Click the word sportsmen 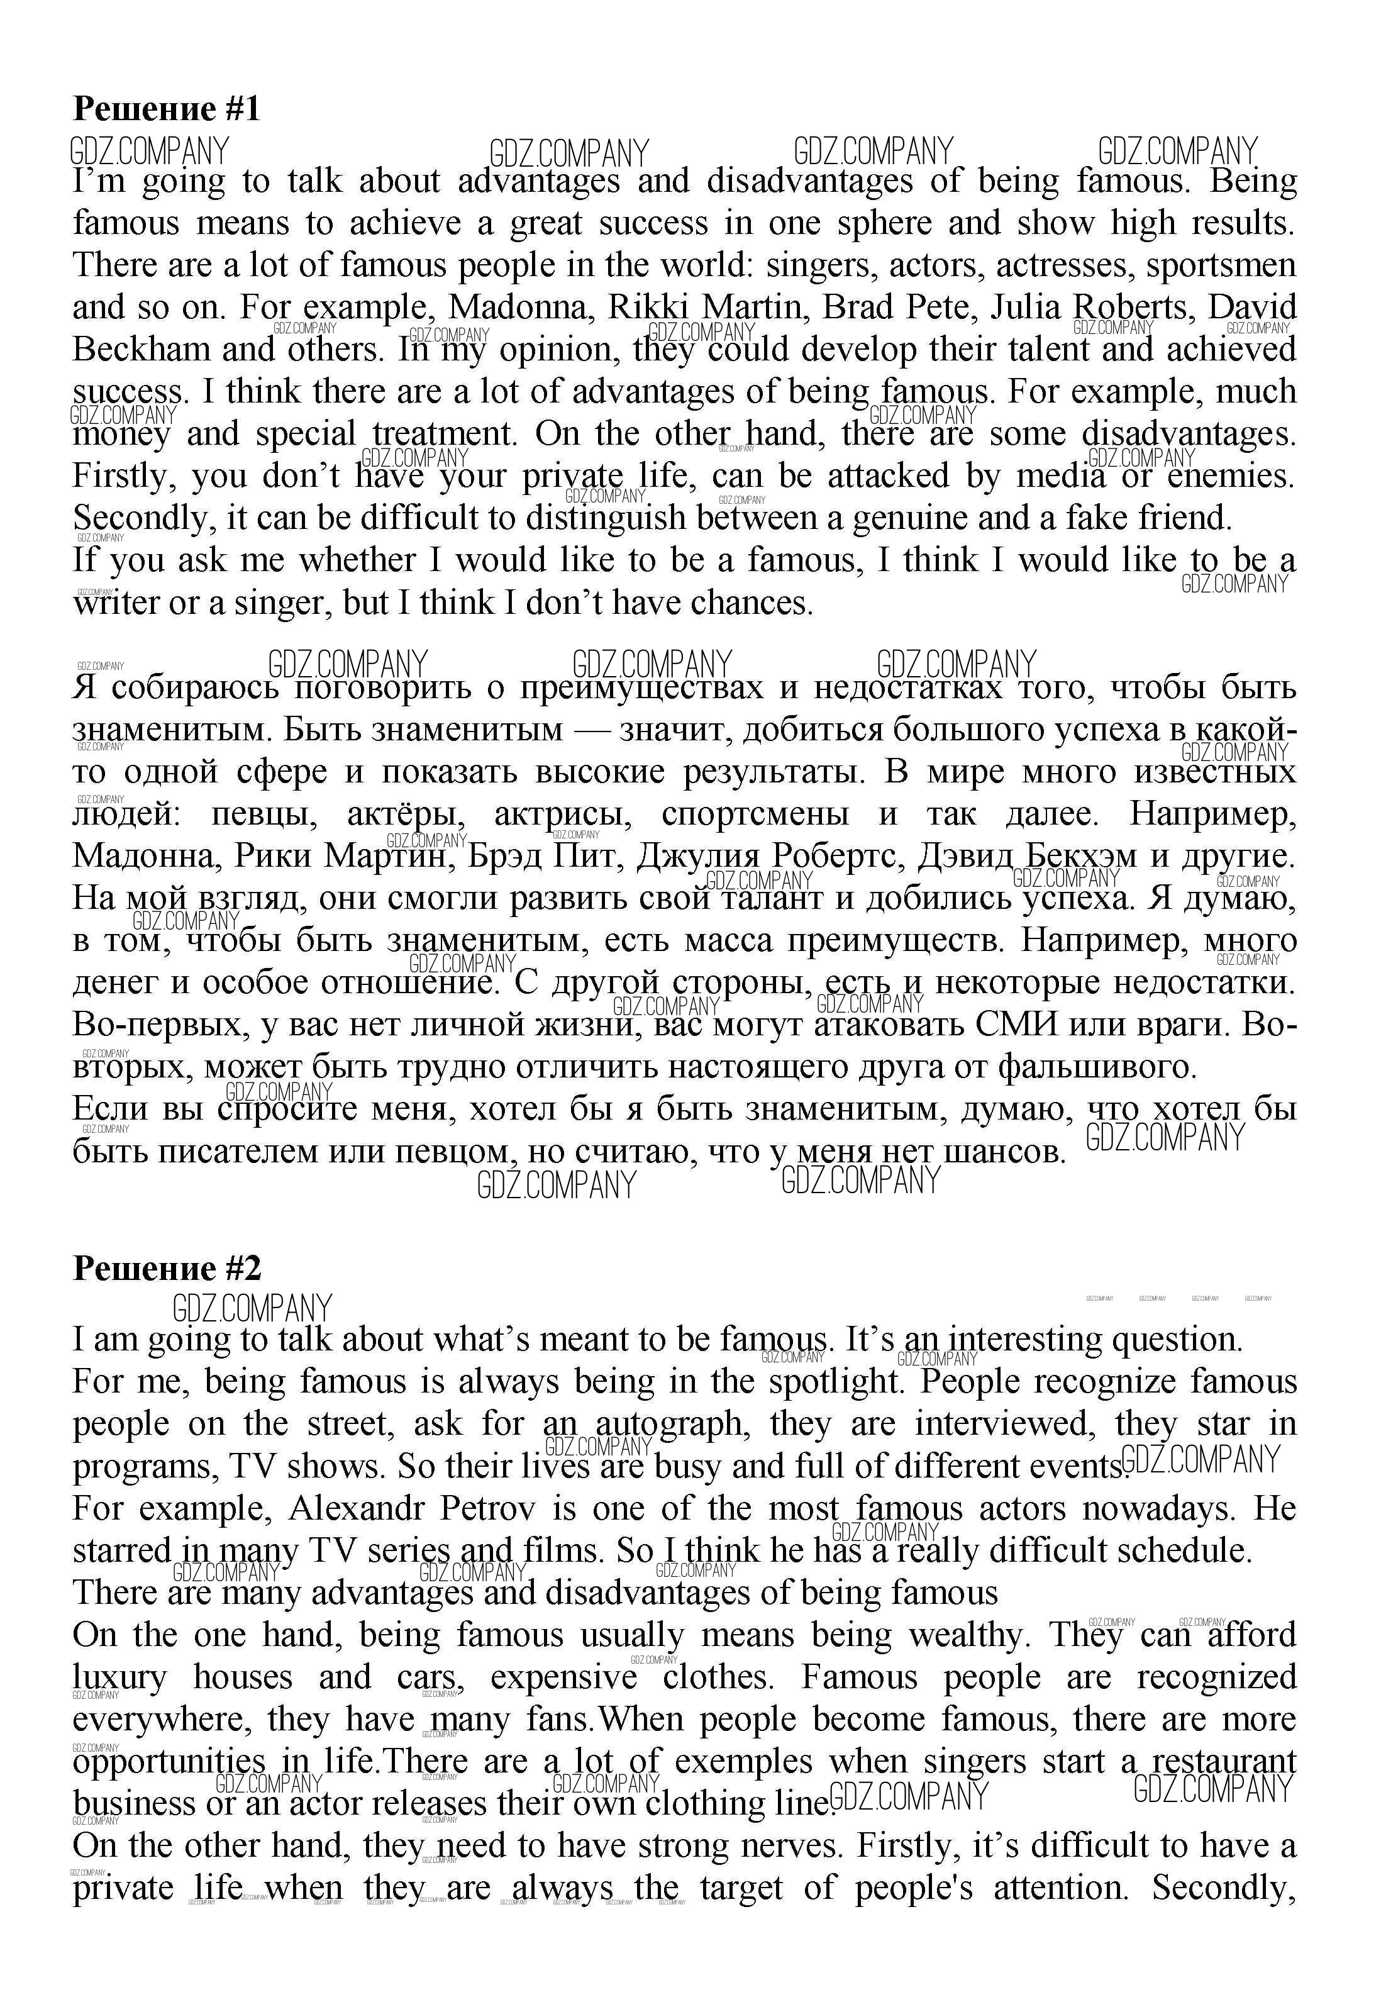click(1221, 265)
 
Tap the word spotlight click(836, 1381)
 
